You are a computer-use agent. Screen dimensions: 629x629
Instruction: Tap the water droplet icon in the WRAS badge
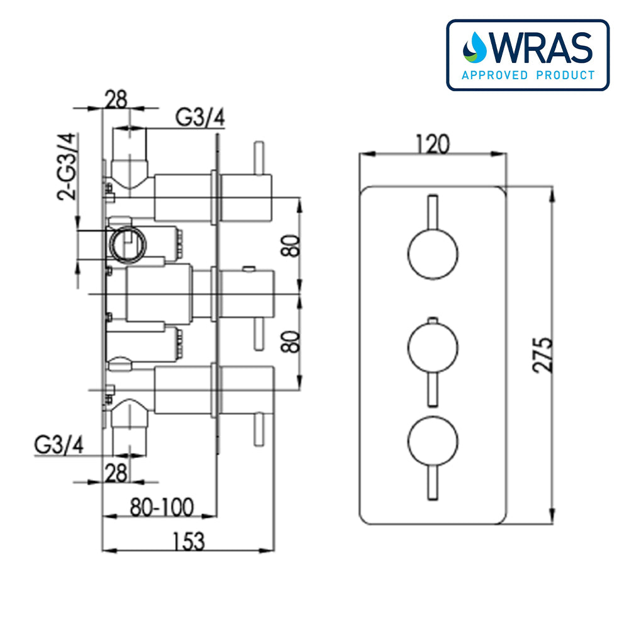[475, 48]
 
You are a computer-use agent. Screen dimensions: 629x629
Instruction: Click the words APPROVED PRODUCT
[528, 75]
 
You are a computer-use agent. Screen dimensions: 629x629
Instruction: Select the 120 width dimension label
[433, 145]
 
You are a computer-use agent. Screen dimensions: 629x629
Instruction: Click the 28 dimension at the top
[116, 99]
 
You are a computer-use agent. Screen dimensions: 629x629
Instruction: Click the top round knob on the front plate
[433, 254]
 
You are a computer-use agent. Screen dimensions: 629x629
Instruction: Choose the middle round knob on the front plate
[433, 346]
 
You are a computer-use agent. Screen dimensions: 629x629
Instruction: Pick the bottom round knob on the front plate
[433, 440]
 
